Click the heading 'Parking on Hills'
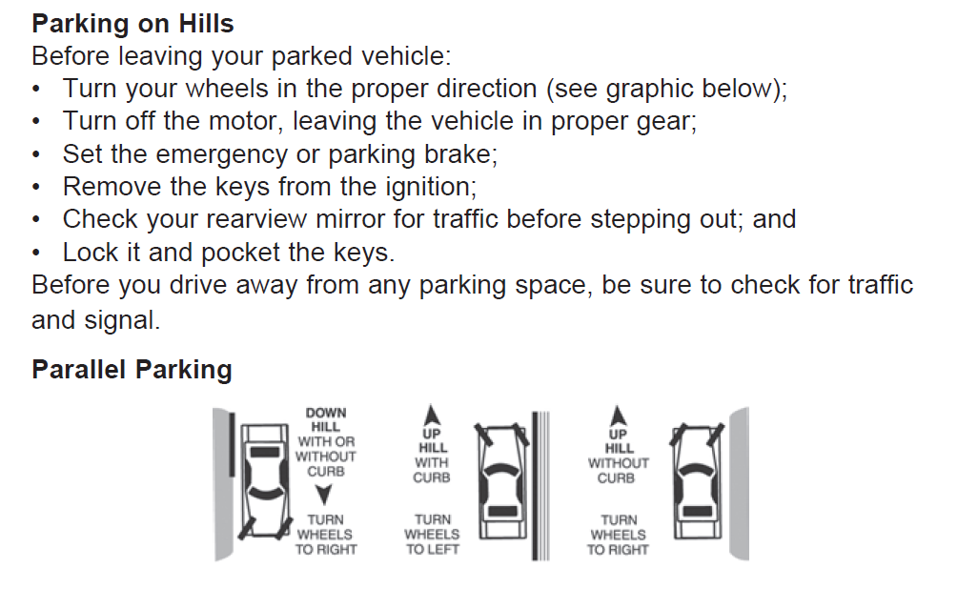click(132, 24)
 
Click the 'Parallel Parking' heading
click(132, 370)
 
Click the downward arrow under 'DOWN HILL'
click(324, 494)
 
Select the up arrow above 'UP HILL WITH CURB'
click(432, 416)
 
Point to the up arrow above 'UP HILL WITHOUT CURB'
click(618, 416)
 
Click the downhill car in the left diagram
click(265, 480)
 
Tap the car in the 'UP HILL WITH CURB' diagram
click(502, 480)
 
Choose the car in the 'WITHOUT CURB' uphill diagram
click(698, 480)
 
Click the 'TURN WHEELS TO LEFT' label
click(432, 535)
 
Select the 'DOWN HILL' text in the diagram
click(326, 420)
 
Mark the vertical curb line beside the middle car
click(535, 485)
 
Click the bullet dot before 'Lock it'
click(36, 254)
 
